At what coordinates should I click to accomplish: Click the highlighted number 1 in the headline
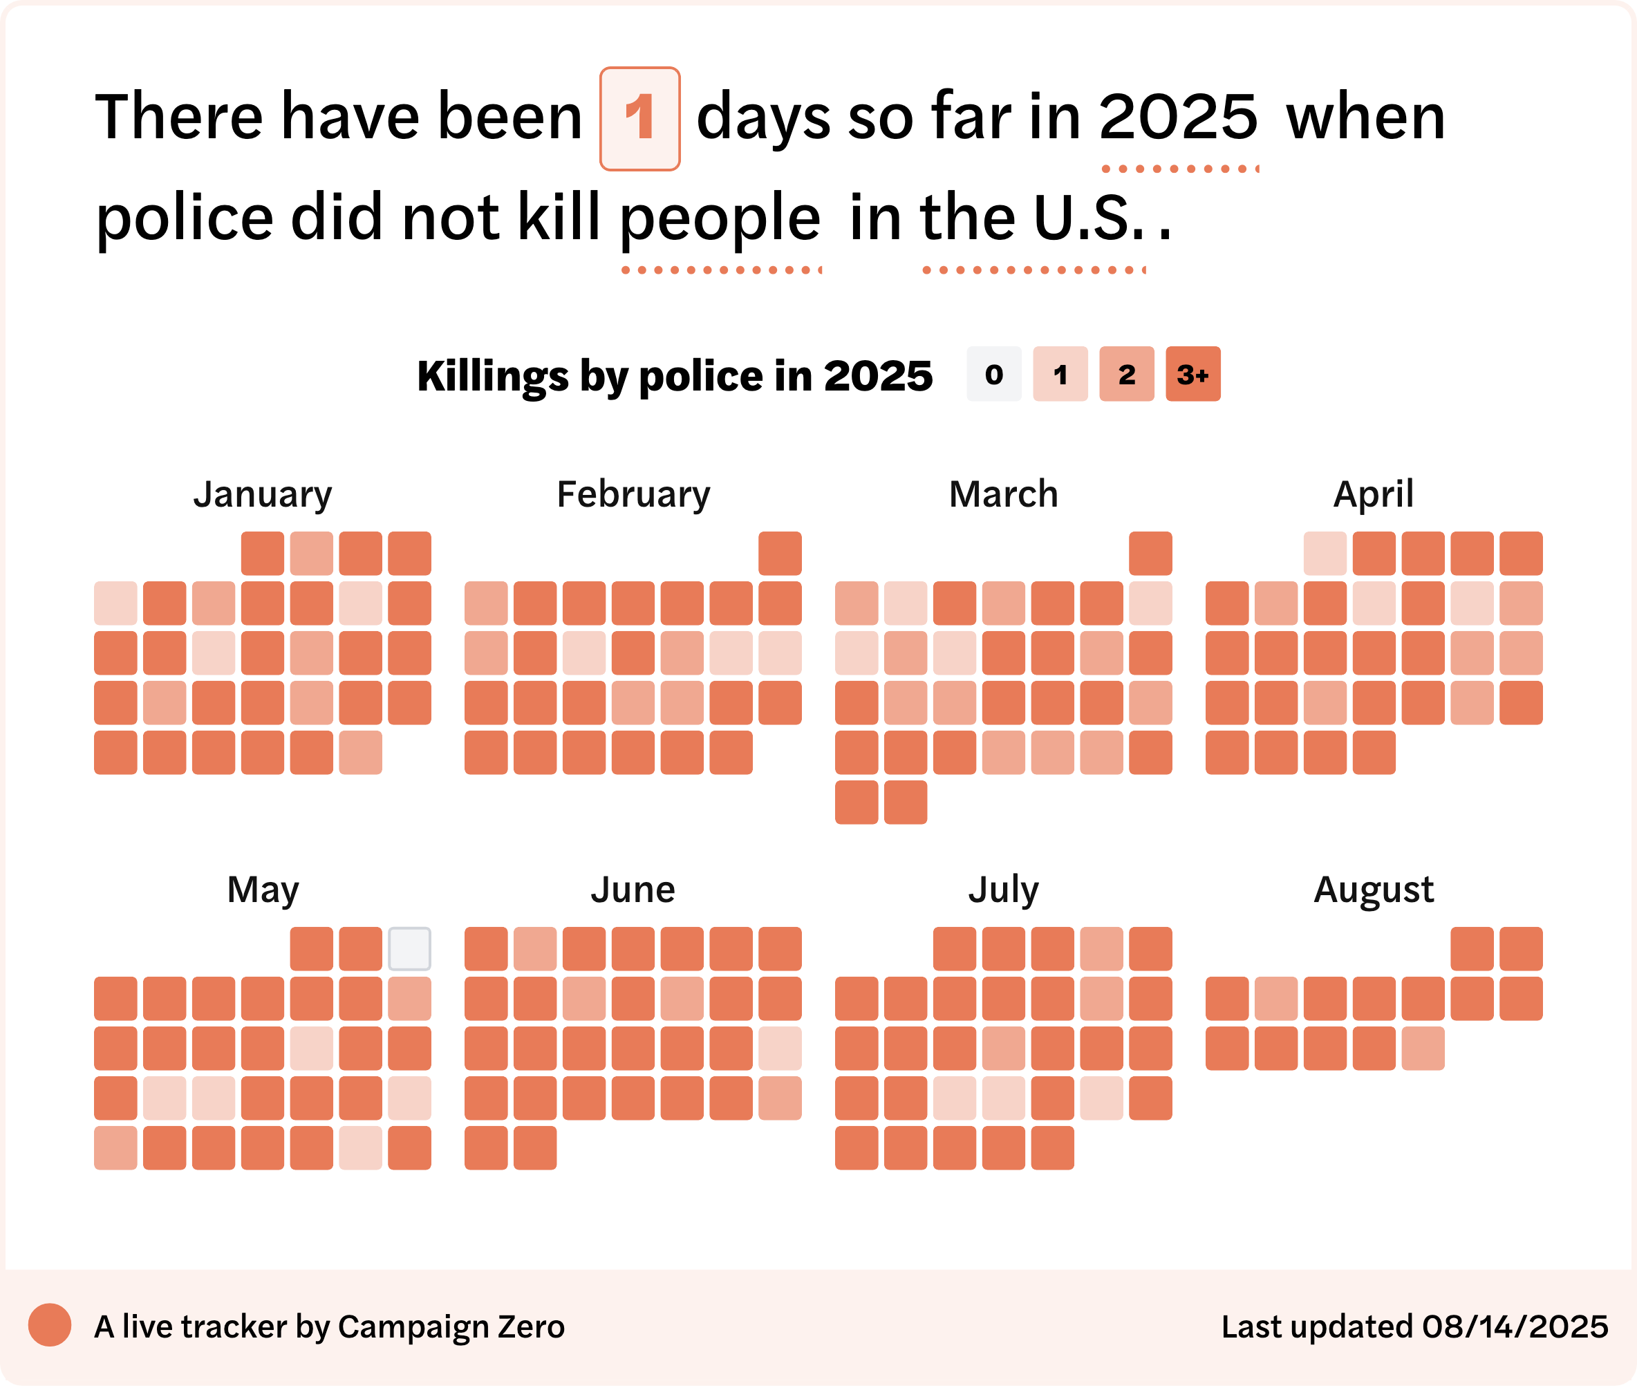(x=640, y=118)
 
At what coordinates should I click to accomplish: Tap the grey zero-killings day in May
(x=409, y=949)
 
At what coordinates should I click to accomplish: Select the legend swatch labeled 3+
(x=1193, y=374)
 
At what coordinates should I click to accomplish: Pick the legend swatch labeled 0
(x=994, y=374)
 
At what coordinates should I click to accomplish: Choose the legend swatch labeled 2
(x=1127, y=374)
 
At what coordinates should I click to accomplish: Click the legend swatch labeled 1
(x=1060, y=374)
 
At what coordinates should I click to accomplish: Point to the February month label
(x=633, y=495)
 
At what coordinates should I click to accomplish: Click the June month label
(x=633, y=890)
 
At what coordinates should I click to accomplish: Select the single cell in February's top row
(x=780, y=553)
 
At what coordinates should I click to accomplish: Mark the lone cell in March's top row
(x=1150, y=553)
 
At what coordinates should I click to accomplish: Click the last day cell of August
(x=1423, y=1048)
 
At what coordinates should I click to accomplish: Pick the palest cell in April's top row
(x=1325, y=553)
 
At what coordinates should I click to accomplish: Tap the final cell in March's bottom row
(x=905, y=803)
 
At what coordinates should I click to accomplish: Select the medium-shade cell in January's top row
(x=312, y=553)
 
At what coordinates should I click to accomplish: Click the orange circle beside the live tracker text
(x=50, y=1325)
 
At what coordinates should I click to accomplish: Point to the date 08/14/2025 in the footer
(x=1516, y=1326)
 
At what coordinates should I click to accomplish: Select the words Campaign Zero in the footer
(x=451, y=1327)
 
